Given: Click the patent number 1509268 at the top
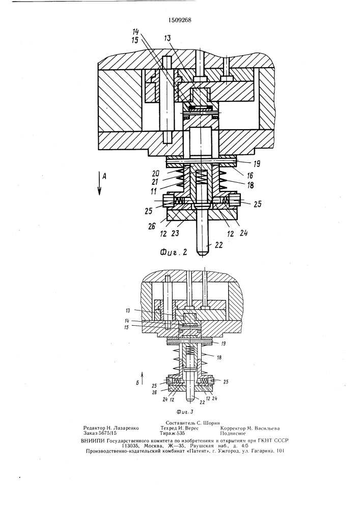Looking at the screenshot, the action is pos(180,20).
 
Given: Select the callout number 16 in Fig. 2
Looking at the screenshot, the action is pos(250,176).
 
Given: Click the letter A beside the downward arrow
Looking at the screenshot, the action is pos(104,177).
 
